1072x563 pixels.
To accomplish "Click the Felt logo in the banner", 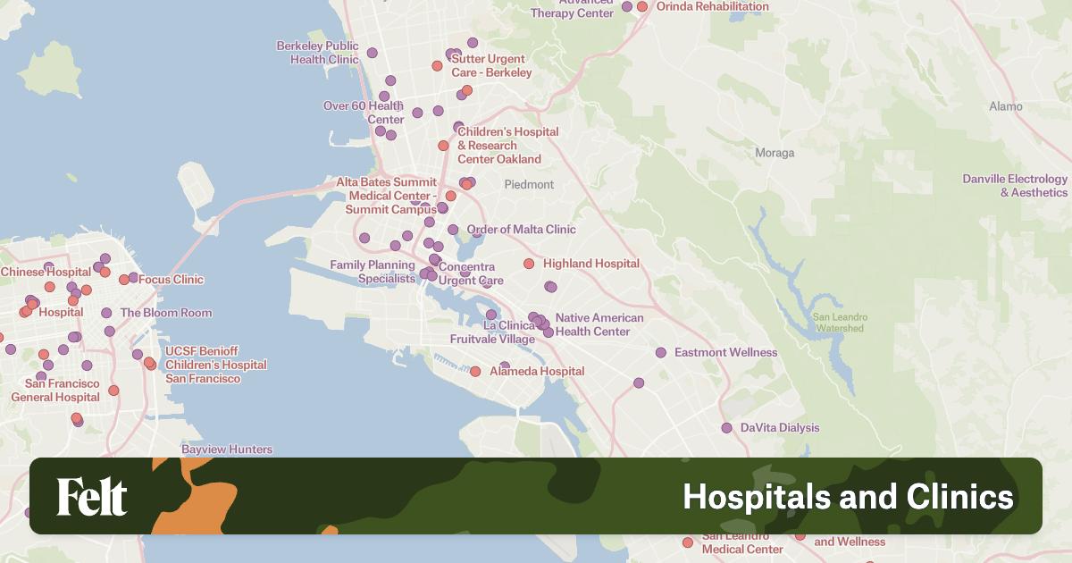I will (x=92, y=497).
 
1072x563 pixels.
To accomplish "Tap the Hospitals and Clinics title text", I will (x=848, y=497).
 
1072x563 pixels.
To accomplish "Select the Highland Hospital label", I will (x=590, y=264).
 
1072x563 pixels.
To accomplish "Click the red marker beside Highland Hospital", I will (x=529, y=264).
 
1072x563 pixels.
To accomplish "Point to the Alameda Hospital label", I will (x=537, y=371).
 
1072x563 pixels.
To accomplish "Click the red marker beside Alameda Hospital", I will (x=475, y=371).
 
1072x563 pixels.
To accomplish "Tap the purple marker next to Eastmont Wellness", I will (x=661, y=352).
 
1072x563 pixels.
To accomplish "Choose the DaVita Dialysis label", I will (x=779, y=428).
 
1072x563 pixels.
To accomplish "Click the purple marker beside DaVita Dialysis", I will (x=727, y=428).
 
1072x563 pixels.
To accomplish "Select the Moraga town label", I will (x=774, y=153).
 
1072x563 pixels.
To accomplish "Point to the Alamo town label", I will (x=1005, y=106).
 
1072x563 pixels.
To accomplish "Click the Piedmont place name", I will (x=529, y=185).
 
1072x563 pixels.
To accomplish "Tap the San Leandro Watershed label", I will (x=838, y=322).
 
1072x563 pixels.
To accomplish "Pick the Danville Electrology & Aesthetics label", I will (x=1015, y=186).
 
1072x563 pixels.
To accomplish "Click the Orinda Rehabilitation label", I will (x=712, y=6).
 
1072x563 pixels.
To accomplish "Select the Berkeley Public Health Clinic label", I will (x=318, y=53).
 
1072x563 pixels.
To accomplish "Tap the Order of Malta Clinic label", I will (x=521, y=230).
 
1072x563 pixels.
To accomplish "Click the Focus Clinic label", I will (x=171, y=280).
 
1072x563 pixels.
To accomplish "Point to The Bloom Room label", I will (x=166, y=313).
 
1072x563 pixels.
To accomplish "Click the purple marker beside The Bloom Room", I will (x=106, y=313).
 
